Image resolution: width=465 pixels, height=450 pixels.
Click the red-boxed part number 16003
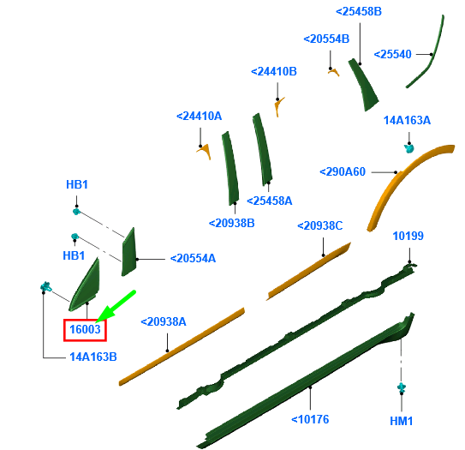[85, 329]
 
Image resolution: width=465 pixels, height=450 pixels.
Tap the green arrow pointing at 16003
[116, 306]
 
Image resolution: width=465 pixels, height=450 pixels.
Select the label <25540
[393, 54]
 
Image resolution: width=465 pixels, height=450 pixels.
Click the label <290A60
[343, 172]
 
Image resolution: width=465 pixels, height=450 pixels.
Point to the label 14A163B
[93, 357]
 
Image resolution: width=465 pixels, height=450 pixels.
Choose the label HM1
[402, 421]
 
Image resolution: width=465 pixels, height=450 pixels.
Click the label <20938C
[319, 226]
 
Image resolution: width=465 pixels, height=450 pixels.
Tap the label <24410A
[199, 116]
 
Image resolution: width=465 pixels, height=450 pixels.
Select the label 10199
[408, 236]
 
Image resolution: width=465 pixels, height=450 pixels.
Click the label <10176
[310, 419]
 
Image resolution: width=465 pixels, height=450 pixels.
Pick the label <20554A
[193, 258]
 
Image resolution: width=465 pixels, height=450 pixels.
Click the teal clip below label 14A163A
[409, 148]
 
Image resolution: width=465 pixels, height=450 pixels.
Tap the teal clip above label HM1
[402, 387]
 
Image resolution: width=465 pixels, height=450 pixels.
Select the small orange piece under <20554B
[334, 72]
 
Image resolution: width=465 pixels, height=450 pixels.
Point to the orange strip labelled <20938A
[182, 346]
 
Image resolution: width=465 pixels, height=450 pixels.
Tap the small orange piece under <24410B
[279, 106]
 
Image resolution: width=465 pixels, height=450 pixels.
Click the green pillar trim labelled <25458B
[364, 85]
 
